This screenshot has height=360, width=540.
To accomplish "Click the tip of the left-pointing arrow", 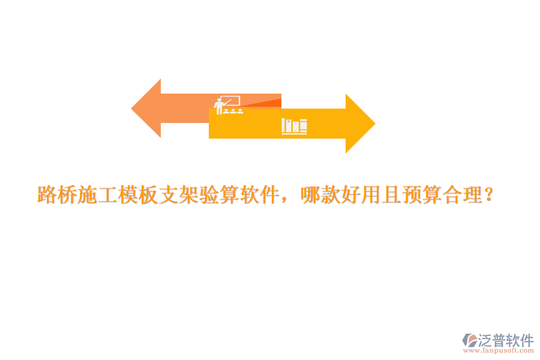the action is pyautogui.click(x=131, y=109).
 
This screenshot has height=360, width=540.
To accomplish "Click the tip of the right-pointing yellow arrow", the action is pyautogui.click(x=376, y=124).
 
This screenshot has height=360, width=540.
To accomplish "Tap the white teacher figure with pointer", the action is pyautogui.click(x=218, y=106).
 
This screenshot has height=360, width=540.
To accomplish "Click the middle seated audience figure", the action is pyautogui.click(x=233, y=111).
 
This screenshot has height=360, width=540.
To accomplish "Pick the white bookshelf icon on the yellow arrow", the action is pyautogui.click(x=294, y=126).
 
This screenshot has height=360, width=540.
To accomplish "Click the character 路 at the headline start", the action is pyautogui.click(x=47, y=195).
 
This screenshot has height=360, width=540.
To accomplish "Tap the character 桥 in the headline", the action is pyautogui.click(x=67, y=195).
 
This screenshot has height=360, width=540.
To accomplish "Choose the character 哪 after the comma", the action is pyautogui.click(x=311, y=195).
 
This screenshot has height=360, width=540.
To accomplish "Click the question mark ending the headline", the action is pyautogui.click(x=488, y=195).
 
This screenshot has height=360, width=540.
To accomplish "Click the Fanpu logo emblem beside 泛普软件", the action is pyautogui.click(x=469, y=340).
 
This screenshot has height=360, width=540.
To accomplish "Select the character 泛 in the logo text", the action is pyautogui.click(x=485, y=340).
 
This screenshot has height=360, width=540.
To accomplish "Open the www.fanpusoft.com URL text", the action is pyautogui.click(x=499, y=350).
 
